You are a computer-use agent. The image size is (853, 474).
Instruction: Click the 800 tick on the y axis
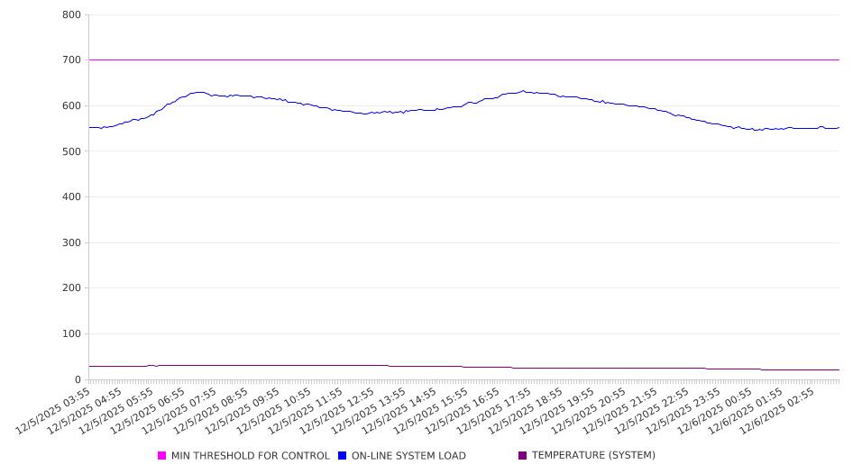pyautogui.click(x=72, y=14)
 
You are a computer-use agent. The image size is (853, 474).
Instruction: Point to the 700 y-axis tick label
pyautogui.click(x=72, y=60)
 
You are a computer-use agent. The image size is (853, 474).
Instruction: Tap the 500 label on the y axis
pyautogui.click(x=72, y=151)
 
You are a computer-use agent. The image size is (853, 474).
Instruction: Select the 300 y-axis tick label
pyautogui.click(x=72, y=242)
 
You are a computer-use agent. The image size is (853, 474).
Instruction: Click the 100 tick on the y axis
pyautogui.click(x=72, y=334)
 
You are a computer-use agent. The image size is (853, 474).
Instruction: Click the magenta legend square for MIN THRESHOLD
pyautogui.click(x=162, y=456)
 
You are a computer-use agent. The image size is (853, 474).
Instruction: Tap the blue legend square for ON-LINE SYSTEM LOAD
pyautogui.click(x=343, y=456)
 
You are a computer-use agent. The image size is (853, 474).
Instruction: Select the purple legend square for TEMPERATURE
pyautogui.click(x=523, y=456)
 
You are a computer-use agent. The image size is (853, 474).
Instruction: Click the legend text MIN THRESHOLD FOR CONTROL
pyautogui.click(x=250, y=456)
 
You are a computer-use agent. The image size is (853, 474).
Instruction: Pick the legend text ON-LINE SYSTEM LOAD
pyautogui.click(x=408, y=456)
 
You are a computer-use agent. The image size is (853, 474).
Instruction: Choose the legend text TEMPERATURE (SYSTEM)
pyautogui.click(x=593, y=456)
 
